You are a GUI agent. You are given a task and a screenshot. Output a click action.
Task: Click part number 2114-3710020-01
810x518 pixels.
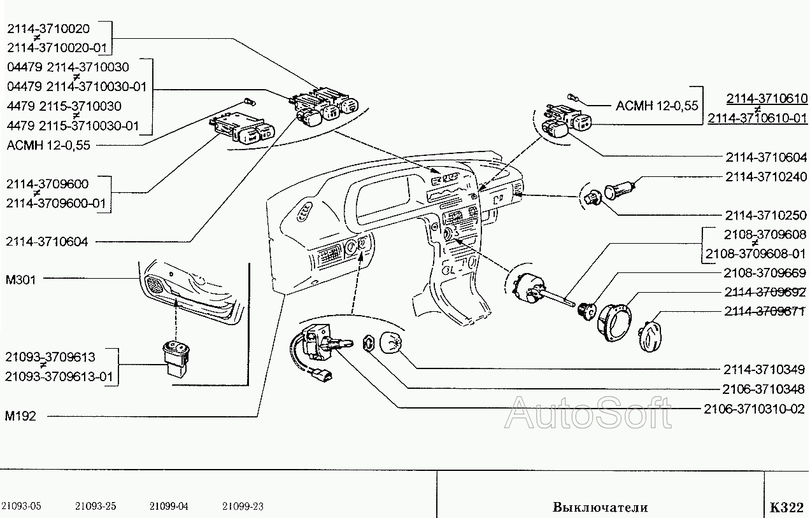tap(57, 48)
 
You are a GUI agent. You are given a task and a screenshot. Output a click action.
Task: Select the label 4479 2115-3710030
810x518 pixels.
tap(64, 106)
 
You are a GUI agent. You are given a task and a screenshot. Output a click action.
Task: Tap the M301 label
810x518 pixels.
tap(20, 279)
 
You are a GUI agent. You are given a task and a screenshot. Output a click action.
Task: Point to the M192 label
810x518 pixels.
tap(20, 416)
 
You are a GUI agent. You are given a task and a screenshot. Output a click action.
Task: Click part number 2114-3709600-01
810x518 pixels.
tap(56, 203)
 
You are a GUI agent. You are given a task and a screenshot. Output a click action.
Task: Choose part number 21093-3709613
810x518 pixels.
tap(50, 357)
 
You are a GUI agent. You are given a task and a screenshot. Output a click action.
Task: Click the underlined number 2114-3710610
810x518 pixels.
tap(767, 99)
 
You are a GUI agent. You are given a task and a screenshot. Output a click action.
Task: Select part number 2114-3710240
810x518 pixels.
tap(766, 177)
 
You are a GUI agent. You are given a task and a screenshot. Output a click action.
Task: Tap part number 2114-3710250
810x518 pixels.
tap(766, 216)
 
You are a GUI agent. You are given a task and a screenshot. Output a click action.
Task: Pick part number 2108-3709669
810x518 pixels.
tap(765, 273)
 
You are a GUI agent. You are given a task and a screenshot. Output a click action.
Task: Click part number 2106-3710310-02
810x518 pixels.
tap(754, 409)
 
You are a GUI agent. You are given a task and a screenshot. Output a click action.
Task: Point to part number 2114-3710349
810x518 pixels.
tap(764, 370)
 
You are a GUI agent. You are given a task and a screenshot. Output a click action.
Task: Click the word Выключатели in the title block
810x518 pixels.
tap(600, 507)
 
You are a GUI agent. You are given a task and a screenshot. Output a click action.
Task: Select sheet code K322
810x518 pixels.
tap(786, 507)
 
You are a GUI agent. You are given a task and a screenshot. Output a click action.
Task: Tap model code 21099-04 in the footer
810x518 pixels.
tap(169, 506)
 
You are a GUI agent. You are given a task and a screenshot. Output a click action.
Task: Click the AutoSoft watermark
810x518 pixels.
tap(588, 412)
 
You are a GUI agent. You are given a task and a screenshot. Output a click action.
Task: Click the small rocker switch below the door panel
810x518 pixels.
tap(176, 359)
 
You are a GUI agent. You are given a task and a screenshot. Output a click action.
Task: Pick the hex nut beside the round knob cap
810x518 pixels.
tap(369, 343)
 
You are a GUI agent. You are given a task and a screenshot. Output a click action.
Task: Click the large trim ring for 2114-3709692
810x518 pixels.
tap(615, 323)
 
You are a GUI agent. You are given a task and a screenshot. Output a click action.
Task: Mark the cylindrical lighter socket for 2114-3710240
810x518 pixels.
tap(620, 190)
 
